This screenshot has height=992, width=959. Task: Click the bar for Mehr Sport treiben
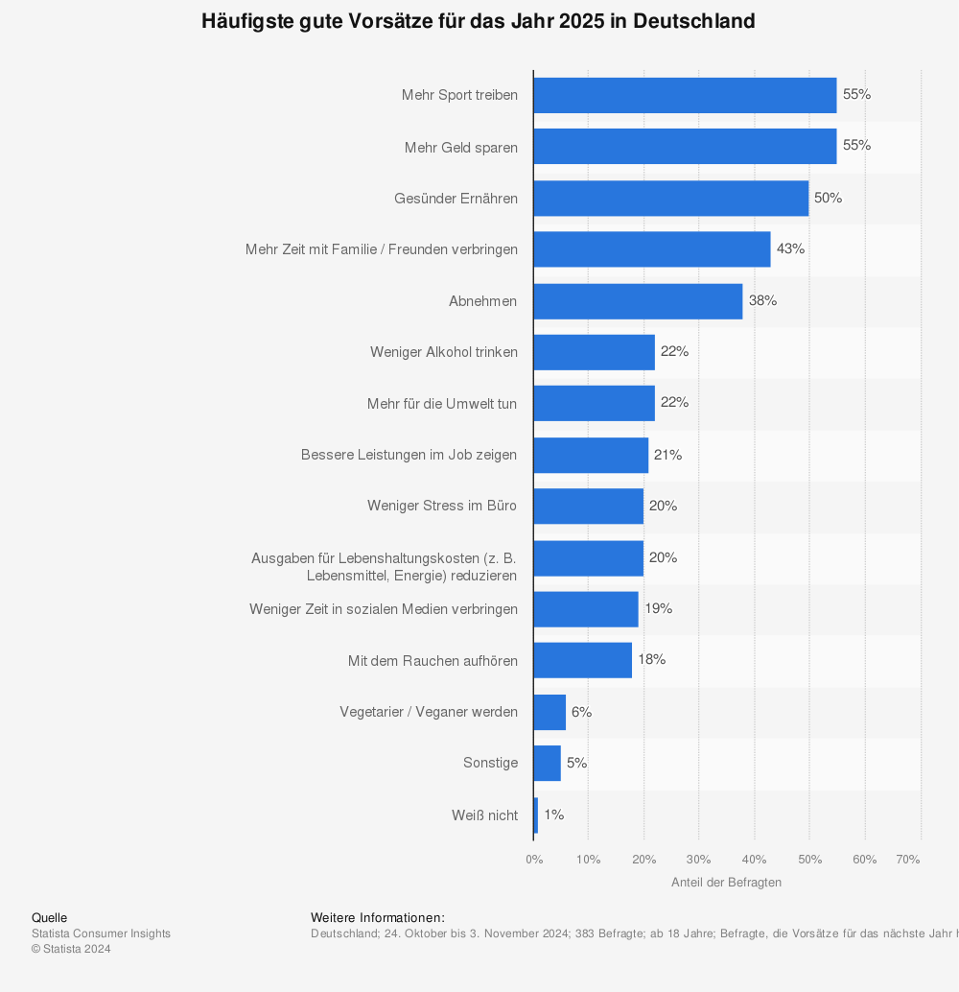point(685,96)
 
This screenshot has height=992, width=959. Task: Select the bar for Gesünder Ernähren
point(671,198)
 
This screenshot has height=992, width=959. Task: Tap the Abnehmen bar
point(639,301)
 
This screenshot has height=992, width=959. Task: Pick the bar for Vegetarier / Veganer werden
point(550,713)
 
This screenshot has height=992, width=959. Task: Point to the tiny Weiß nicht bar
point(536,815)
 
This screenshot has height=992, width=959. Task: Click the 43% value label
point(791,249)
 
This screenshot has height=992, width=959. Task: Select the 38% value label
point(763,300)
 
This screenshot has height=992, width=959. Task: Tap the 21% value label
point(668,455)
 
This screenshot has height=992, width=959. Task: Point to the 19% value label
point(659,608)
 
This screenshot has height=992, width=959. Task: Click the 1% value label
point(554,815)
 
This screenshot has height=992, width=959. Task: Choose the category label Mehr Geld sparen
point(461,148)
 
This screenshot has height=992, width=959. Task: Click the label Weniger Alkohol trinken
point(444,352)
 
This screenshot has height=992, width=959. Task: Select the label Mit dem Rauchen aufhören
point(433,660)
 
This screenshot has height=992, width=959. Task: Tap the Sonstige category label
point(491,763)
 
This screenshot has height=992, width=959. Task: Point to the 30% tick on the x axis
point(698,860)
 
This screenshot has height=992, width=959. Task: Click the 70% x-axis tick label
point(908,860)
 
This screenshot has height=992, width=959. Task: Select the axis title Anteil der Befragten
point(726,883)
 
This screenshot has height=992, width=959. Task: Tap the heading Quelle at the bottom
point(49,918)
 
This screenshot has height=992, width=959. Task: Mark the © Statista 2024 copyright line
point(71,949)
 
